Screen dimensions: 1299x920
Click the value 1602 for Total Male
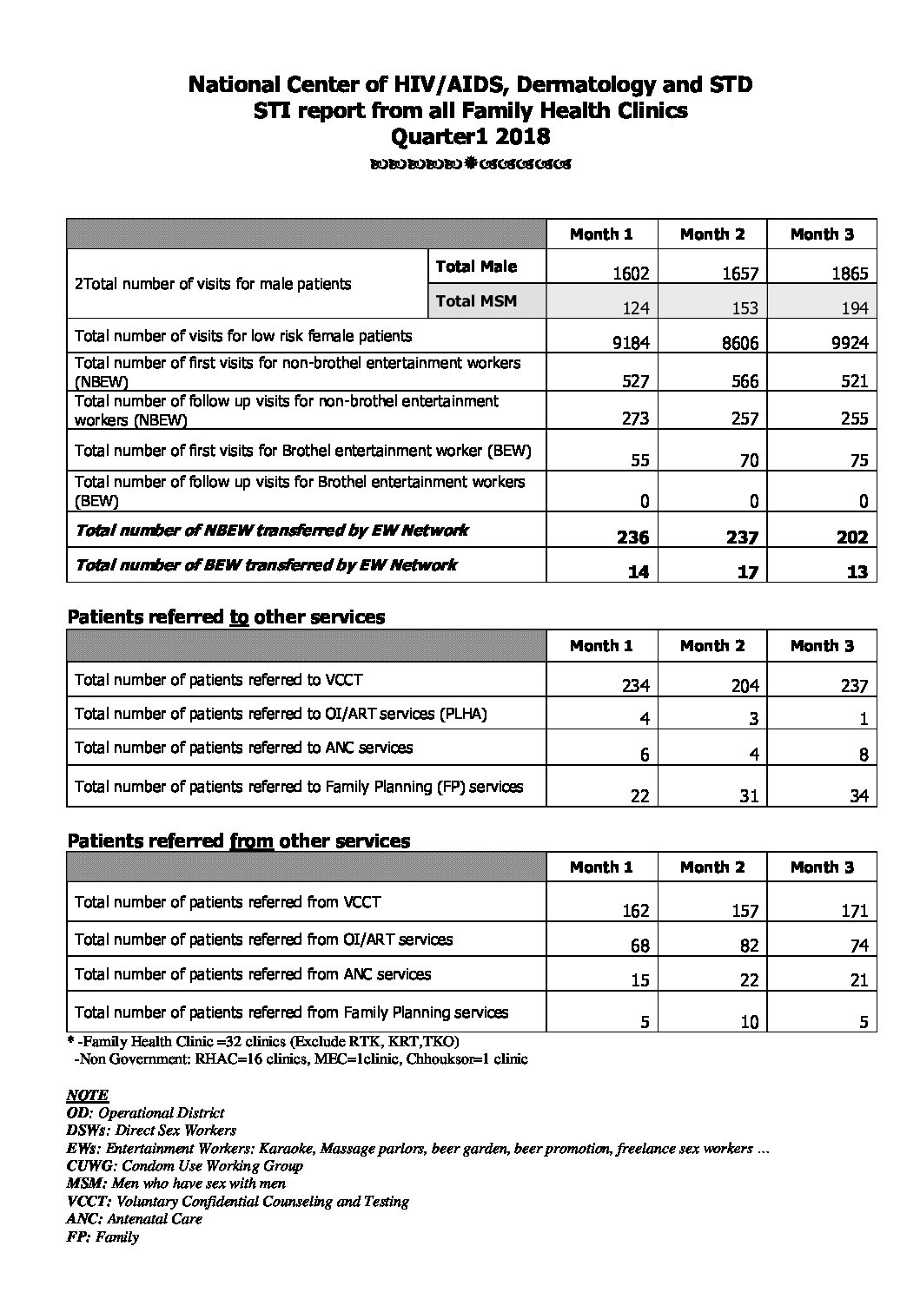631,274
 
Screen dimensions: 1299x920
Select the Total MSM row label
476,301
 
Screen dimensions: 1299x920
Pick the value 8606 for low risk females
741,343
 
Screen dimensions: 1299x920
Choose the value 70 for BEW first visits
749,460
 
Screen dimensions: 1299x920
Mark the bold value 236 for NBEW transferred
632,537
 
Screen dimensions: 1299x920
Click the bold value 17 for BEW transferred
747,572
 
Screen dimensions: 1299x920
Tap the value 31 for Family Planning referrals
749,795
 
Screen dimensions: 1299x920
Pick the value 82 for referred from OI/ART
749,946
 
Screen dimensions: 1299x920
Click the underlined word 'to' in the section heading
239,617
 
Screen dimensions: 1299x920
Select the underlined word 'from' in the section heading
251,841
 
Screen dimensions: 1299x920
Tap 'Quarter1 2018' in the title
471,136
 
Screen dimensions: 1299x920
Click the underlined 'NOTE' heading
88,1096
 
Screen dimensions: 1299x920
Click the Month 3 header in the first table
822,234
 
